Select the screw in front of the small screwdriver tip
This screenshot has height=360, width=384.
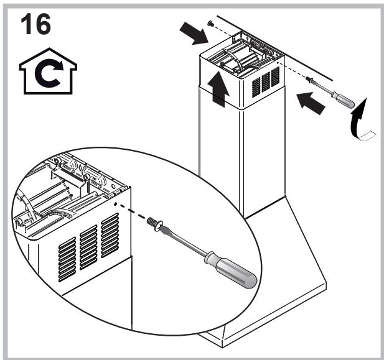(x=309, y=80)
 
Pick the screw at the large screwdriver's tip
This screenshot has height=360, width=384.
(x=154, y=221)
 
